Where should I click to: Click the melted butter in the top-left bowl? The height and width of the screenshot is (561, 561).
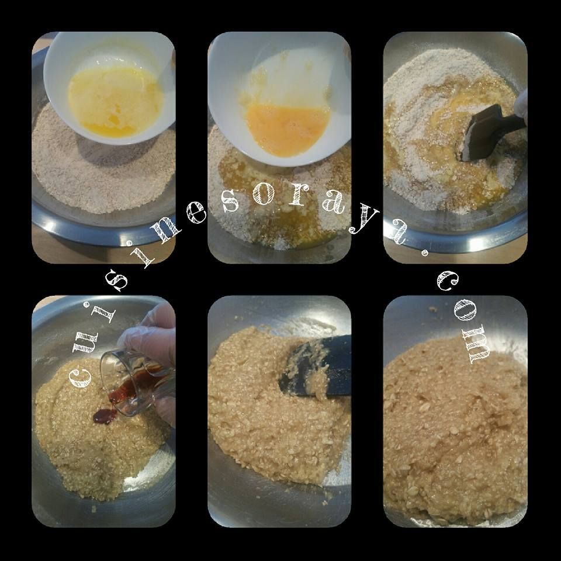115,102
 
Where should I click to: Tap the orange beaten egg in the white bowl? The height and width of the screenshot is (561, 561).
288,129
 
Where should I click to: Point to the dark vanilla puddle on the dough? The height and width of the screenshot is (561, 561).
105,416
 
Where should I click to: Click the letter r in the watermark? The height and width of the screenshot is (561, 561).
297,196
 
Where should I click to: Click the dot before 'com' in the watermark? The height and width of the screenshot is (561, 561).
424,254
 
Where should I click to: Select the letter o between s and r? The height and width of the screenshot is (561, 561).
264,195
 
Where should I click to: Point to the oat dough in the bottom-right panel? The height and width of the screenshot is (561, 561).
455,430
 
